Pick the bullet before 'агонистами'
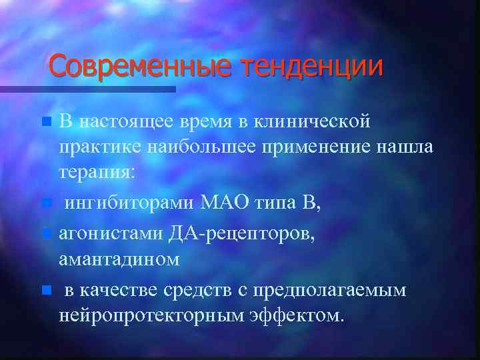click(45, 234)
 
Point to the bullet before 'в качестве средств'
click(45, 290)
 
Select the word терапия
click(97, 172)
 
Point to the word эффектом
click(299, 315)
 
